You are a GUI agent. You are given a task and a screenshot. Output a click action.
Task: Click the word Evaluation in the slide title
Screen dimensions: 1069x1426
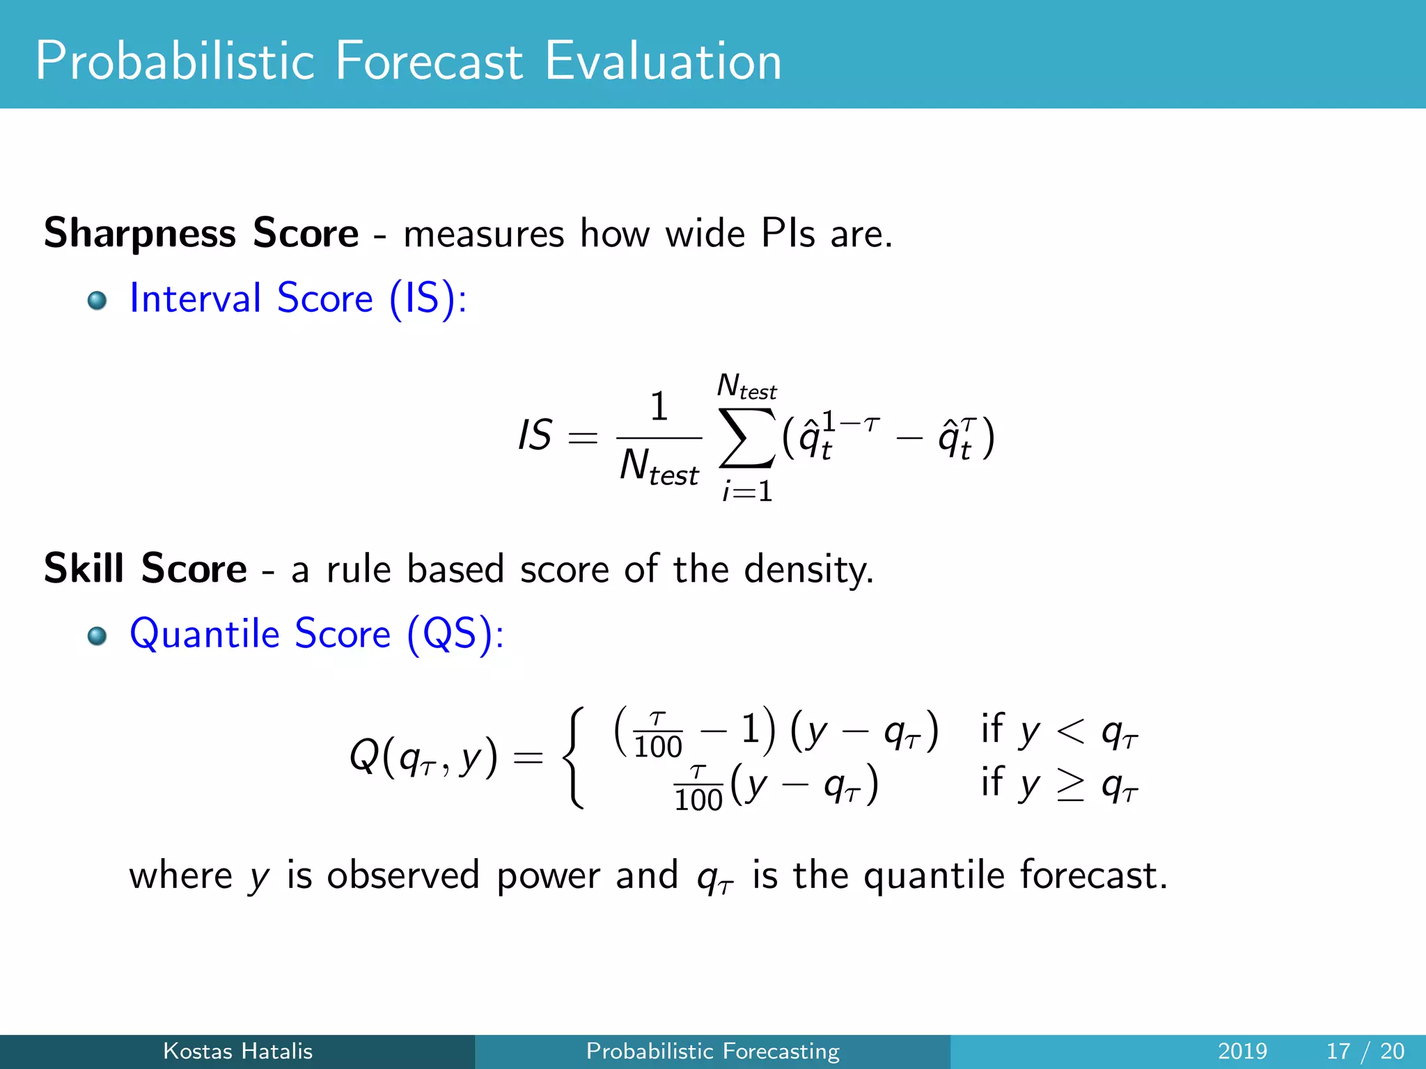point(663,61)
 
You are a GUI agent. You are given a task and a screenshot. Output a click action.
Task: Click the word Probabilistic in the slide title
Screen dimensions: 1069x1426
point(175,61)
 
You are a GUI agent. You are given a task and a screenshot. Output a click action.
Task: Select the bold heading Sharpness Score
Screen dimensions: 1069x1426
point(201,232)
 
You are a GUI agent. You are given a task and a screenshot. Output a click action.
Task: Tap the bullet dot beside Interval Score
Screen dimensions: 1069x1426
point(97,301)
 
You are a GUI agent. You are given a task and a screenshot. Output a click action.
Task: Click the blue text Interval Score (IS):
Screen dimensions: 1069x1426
point(298,299)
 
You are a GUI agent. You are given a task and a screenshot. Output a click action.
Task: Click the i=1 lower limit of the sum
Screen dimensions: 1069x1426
point(747,491)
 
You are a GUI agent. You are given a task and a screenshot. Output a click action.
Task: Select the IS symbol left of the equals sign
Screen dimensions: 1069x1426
point(535,436)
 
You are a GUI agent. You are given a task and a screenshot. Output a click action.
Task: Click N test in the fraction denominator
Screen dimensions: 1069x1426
point(659,466)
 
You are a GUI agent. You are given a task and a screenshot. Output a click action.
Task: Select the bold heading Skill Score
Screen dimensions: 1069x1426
point(145,568)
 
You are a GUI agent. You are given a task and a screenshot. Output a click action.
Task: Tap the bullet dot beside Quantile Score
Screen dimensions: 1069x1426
point(97,636)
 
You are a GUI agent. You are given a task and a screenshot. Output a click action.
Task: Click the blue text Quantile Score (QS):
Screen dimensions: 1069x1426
point(317,634)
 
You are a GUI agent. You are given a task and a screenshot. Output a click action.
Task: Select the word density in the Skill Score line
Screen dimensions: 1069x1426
point(808,569)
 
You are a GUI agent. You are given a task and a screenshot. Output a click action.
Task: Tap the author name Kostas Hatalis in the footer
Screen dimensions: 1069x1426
point(237,1051)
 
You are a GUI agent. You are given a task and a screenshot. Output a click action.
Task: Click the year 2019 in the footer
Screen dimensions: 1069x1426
point(1242,1051)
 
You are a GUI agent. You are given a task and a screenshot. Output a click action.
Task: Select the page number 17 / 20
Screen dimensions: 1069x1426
point(1365,1051)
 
